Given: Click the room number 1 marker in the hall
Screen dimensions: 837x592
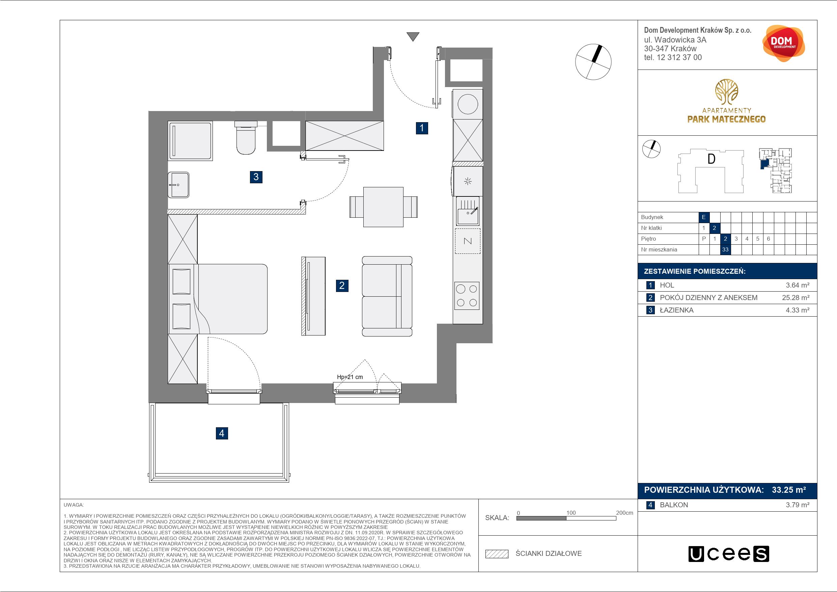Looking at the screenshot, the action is coord(422,128).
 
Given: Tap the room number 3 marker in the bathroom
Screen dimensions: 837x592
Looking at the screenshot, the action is coord(256,177).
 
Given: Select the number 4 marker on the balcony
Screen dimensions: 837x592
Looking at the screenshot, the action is coord(222,433).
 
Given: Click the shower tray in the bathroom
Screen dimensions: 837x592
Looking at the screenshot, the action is coord(190,140).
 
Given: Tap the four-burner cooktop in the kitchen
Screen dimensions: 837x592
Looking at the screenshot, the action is coord(467,296).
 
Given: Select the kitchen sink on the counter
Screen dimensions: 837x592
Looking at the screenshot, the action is coord(468,211).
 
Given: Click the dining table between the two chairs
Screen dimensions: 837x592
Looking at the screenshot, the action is coord(384,207).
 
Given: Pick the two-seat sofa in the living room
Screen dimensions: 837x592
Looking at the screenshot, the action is coord(387,296).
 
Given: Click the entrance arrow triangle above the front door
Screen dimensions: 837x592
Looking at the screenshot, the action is coord(413,37).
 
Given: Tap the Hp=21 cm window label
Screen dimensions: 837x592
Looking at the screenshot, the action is coord(350,377).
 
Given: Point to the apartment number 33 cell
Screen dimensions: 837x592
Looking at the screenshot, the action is coord(725,250).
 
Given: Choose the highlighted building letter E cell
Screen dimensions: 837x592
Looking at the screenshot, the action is coord(704,217).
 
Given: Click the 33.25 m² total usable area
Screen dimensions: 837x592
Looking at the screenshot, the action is coord(789,490).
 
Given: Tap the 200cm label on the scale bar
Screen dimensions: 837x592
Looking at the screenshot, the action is coord(624,513).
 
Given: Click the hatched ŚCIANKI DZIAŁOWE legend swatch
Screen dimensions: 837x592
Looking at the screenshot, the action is coord(497,554).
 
